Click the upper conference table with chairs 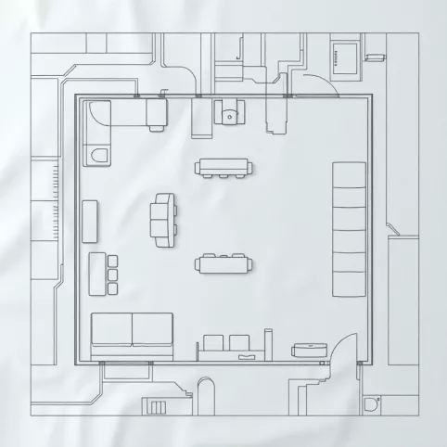coord(223,168)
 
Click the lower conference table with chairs coord(223,264)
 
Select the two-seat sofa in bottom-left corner coord(133,335)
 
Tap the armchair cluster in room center coord(164,220)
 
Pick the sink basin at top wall coord(229,116)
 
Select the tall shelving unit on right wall coord(349,228)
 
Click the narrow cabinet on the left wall coord(90,221)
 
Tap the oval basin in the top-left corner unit coord(99,154)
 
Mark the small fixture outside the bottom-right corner coord(372,403)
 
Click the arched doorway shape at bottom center coord(207,394)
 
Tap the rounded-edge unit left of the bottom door coord(310,349)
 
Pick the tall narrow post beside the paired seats coord(268,343)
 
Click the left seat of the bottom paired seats coord(212,344)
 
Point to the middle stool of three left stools coord(113,275)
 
